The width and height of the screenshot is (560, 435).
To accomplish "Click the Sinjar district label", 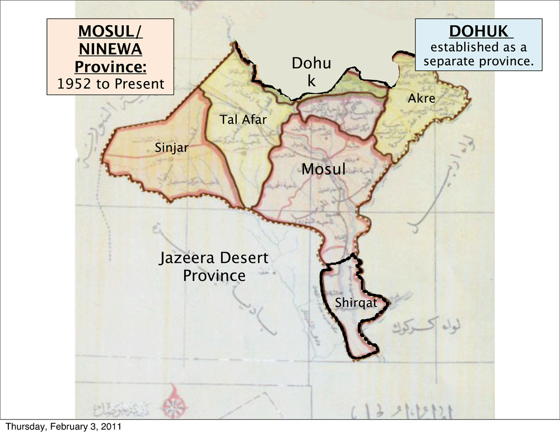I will (x=172, y=148).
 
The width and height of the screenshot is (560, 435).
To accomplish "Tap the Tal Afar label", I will (x=243, y=119).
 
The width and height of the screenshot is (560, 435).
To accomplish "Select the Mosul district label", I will (x=324, y=169).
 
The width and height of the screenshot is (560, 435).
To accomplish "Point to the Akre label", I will (x=422, y=98).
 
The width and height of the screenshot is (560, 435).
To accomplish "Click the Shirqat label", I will (x=353, y=303).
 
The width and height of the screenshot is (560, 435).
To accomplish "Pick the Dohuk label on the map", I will (x=311, y=72).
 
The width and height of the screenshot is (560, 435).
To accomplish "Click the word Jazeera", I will (x=186, y=259).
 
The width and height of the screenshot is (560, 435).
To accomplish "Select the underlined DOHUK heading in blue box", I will (x=478, y=33).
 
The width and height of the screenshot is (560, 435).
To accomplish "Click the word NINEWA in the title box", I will (x=109, y=50).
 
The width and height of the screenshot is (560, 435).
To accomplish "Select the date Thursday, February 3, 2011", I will (x=63, y=427).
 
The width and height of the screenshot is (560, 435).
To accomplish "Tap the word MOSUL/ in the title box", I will (x=109, y=32).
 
